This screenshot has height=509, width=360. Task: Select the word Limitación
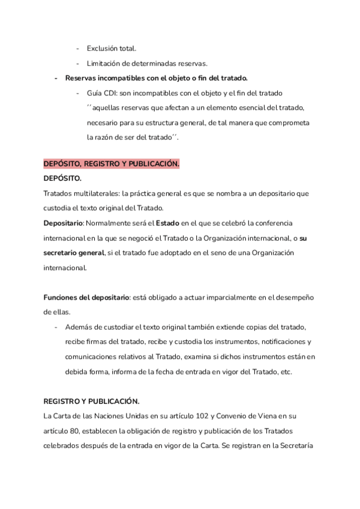pyautogui.click(x=106, y=63)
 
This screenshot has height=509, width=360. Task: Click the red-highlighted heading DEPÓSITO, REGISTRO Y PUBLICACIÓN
pyautogui.click(x=111, y=164)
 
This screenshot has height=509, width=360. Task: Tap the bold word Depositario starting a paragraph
pyautogui.click(x=63, y=223)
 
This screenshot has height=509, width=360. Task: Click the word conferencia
pyautogui.click(x=286, y=223)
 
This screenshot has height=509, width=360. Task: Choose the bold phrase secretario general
pyautogui.click(x=73, y=253)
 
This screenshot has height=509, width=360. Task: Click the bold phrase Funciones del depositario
pyautogui.click(x=86, y=298)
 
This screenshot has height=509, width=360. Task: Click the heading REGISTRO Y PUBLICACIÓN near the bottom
pyautogui.click(x=91, y=402)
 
